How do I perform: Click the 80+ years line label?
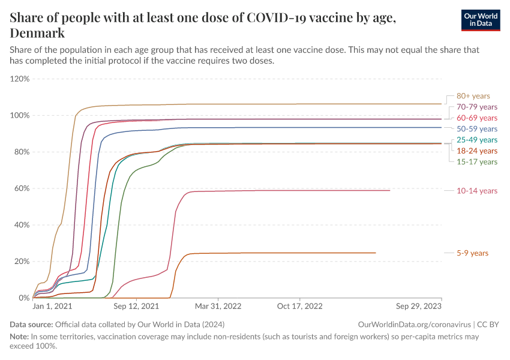(473, 95)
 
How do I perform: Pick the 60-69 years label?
(476, 118)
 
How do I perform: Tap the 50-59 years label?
(476, 128)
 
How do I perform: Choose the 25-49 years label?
(476, 140)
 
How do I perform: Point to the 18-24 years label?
(476, 151)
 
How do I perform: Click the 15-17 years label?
(476, 162)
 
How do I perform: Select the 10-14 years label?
(476, 191)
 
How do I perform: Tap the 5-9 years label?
(472, 253)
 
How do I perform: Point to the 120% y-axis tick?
(20, 79)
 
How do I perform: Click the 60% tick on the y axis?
(22, 188)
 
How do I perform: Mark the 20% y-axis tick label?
(22, 262)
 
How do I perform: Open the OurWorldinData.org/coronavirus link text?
(413, 324)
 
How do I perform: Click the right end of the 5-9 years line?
(376, 253)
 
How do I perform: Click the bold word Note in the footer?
(19, 337)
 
